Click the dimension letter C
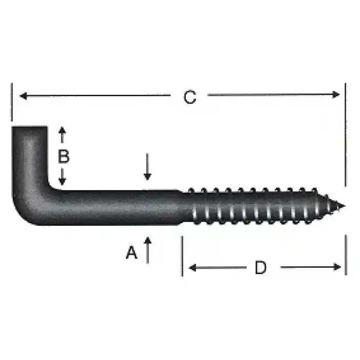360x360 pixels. tap(190, 97)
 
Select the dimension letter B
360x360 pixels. tap(63, 156)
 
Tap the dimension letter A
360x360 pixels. tap(132, 253)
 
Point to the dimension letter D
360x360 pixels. tap(261, 267)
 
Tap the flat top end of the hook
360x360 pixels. tap(29, 127)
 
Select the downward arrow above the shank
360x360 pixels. tap(148, 175)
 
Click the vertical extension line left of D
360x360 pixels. tap(182, 256)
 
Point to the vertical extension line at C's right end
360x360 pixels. tap(346, 134)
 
